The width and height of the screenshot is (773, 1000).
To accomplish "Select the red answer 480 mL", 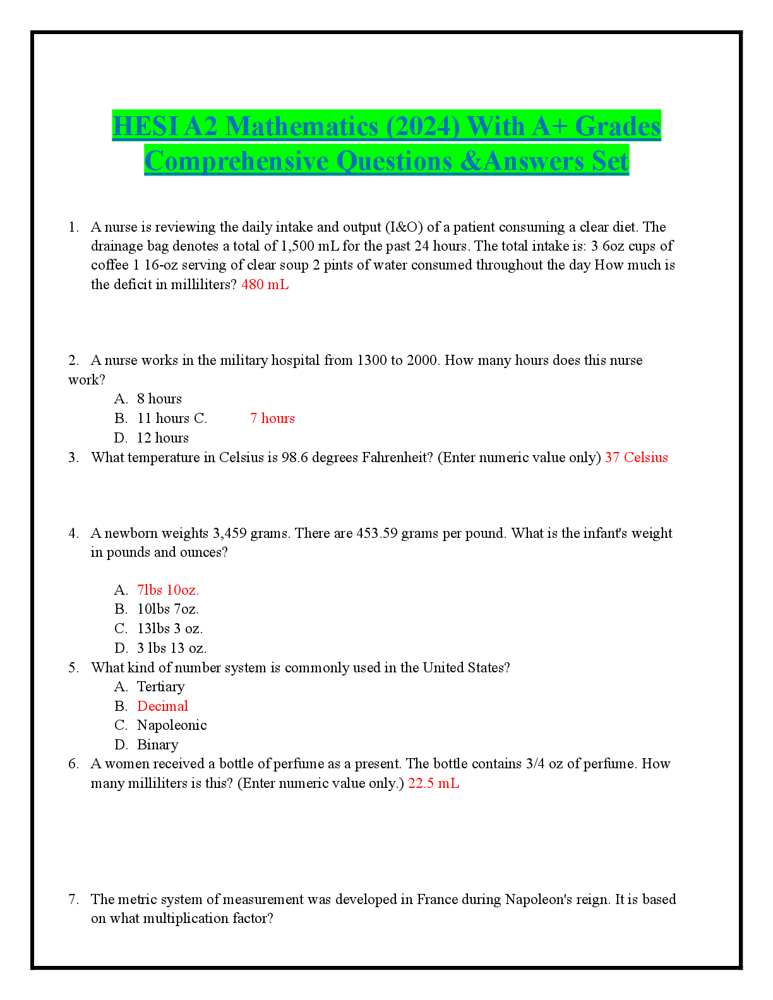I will coord(265,284).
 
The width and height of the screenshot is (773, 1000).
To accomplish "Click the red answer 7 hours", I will coord(272,418).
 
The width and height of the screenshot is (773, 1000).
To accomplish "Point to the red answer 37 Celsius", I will coord(636,457).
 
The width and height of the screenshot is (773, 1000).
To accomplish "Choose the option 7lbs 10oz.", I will coord(168,590).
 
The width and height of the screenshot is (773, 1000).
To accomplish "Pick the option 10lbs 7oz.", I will coord(168,609).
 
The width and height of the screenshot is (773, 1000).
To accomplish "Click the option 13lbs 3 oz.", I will coord(170,629).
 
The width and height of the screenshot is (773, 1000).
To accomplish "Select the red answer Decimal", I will coord(162,706).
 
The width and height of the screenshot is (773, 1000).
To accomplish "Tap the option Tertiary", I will coord(160,686).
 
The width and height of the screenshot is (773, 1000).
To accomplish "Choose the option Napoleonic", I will coord(172,725).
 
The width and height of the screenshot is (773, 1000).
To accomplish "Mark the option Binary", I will coord(157,744).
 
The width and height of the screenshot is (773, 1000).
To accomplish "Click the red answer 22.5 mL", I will coord(433,783).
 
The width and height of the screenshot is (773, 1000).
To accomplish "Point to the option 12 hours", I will coord(162,437).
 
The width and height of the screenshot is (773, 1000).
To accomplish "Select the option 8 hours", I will coord(159,398).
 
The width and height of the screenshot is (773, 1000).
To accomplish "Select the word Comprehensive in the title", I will coord(239,160).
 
